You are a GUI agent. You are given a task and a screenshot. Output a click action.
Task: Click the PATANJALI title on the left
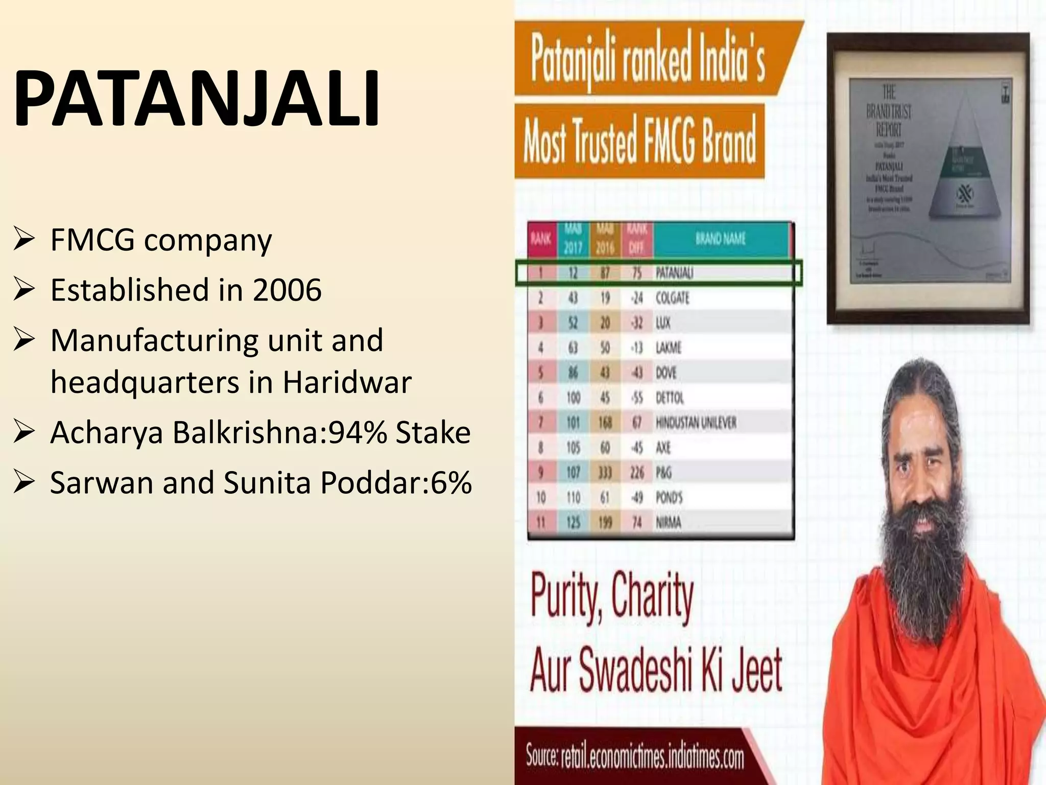tap(197, 99)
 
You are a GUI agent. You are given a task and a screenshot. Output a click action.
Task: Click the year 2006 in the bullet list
tap(287, 290)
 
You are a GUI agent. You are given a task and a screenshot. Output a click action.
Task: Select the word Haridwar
tap(347, 382)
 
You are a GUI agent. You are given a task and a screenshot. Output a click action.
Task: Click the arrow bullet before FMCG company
tap(25, 239)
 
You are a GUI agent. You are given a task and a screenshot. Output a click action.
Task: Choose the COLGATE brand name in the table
tap(672, 298)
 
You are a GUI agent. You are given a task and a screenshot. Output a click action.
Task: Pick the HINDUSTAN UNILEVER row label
tap(696, 423)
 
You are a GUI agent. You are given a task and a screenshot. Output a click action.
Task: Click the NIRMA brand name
tap(669, 522)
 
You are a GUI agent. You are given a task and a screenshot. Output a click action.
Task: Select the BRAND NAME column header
tap(720, 239)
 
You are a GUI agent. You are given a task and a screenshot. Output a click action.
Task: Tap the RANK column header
tap(540, 239)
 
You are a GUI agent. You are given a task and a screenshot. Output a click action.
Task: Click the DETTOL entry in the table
tap(670, 398)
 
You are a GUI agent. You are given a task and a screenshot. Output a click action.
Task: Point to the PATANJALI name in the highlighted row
tap(674, 273)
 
